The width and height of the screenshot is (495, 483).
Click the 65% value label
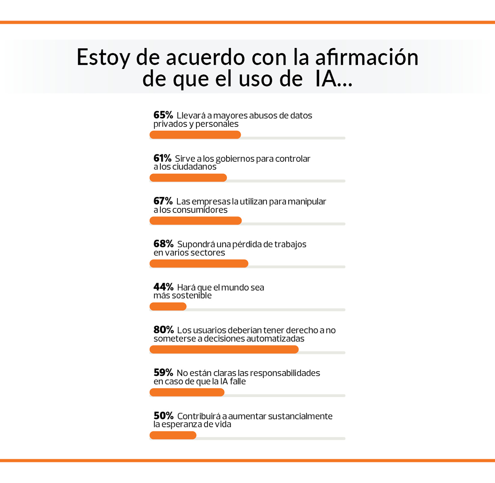(163, 115)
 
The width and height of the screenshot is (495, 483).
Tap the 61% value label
(162, 158)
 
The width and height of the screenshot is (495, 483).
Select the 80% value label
(163, 330)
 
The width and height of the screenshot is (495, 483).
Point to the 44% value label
(163, 287)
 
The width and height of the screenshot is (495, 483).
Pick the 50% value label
(163, 416)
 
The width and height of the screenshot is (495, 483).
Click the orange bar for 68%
(199, 264)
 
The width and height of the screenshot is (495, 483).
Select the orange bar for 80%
(224, 350)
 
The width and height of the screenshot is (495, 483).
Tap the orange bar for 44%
(168, 307)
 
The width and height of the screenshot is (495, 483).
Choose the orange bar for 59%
(187, 393)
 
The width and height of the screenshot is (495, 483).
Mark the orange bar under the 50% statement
(173, 436)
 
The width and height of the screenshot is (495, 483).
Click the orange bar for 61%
(188, 178)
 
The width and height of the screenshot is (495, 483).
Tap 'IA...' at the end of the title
(334, 78)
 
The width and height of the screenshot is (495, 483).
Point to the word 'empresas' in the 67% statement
(211, 202)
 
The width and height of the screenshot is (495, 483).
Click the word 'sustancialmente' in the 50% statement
(300, 416)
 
